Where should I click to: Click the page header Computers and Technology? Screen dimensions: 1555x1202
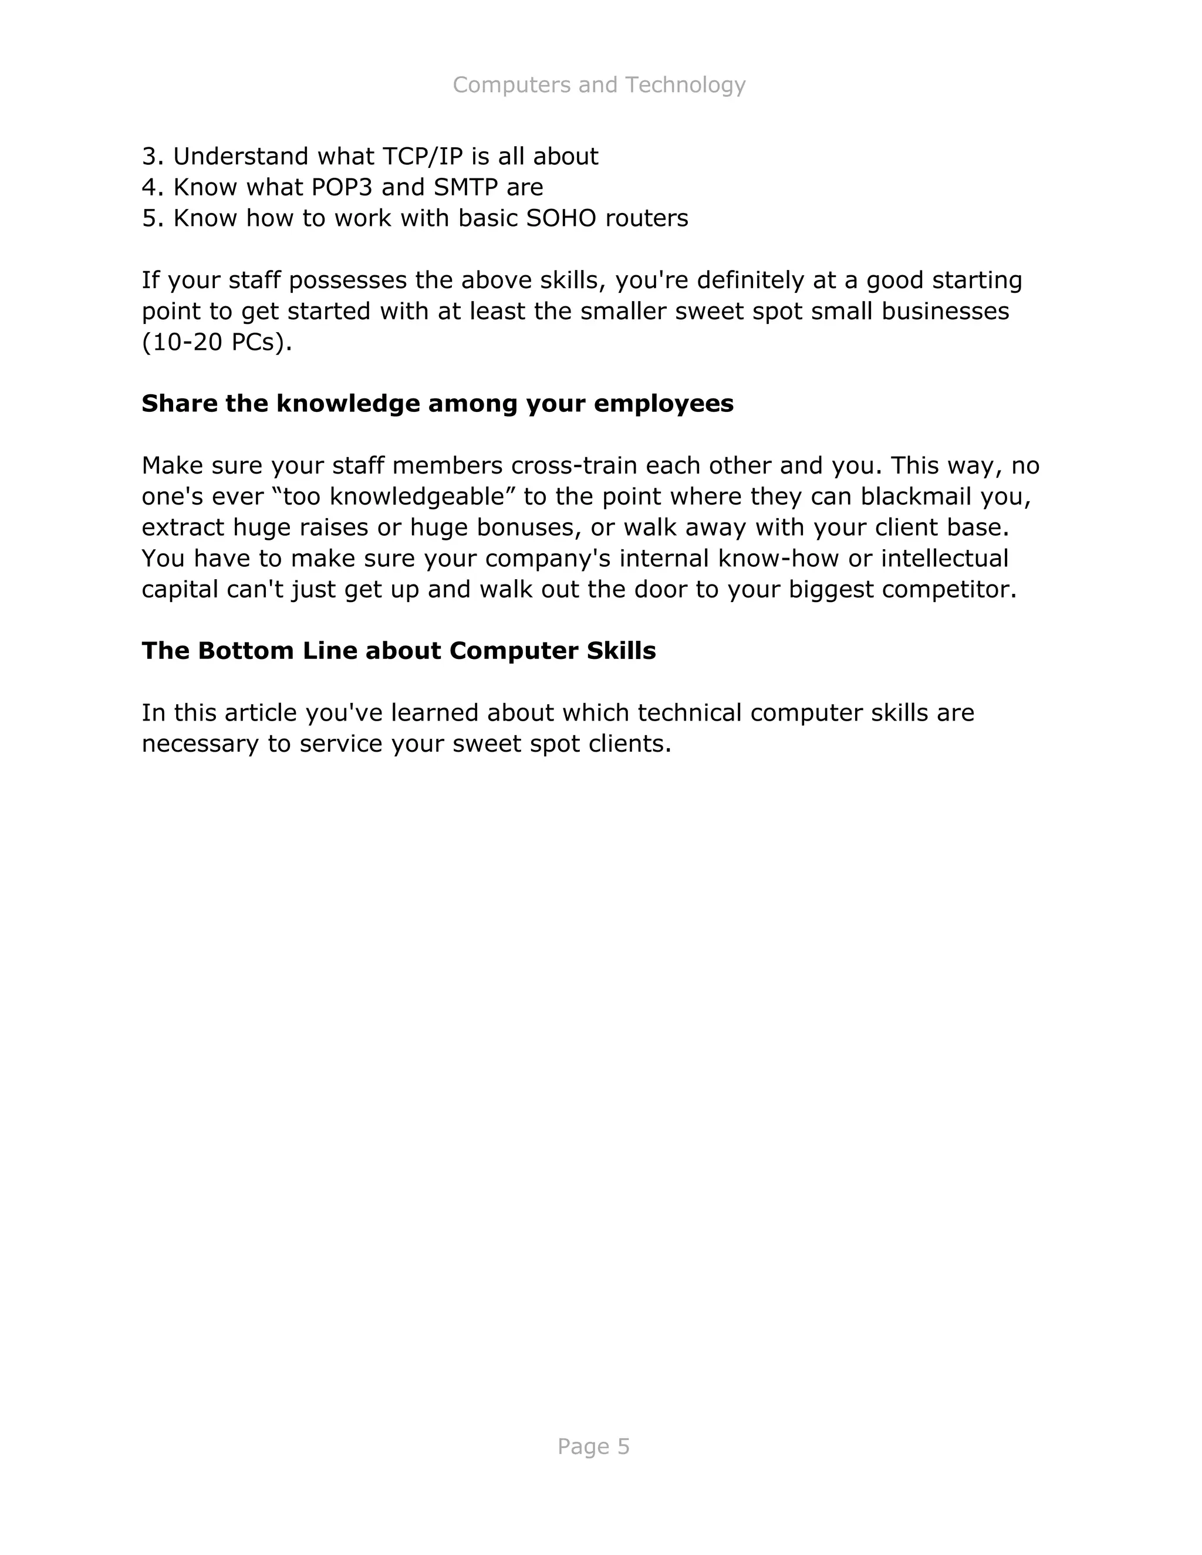599,84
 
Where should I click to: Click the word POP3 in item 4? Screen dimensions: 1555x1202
343,187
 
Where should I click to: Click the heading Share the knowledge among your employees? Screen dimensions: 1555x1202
437,404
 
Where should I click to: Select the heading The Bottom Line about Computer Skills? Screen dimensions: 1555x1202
398,651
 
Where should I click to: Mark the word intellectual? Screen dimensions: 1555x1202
944,558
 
